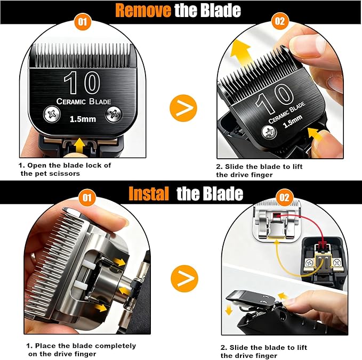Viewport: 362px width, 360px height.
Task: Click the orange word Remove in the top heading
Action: [142, 10]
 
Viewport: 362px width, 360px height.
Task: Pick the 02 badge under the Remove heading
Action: [279, 23]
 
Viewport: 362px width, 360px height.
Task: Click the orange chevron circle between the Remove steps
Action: [183, 108]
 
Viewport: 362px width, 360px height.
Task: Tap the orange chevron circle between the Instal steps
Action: [184, 277]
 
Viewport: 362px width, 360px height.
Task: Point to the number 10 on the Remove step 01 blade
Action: [82, 84]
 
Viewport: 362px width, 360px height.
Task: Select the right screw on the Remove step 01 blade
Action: [113, 113]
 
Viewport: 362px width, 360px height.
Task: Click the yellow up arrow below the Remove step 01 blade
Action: [79, 143]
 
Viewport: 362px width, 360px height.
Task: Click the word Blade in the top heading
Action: [217, 10]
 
